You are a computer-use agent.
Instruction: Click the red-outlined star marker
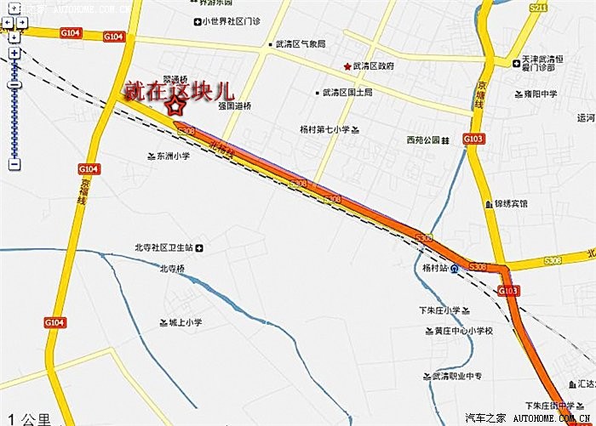coord(175,107)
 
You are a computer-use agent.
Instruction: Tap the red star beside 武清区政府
coord(347,66)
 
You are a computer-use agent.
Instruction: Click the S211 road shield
coord(538,8)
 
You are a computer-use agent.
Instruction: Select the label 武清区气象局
coord(301,43)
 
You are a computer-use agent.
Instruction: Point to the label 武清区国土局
coord(347,92)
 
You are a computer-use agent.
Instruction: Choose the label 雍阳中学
coord(541,94)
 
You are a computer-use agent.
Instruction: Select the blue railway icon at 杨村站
coord(456,269)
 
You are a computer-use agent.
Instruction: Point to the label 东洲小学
coord(173,156)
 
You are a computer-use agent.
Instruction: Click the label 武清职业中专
coord(457,376)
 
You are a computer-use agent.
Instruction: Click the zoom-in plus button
coord(14,54)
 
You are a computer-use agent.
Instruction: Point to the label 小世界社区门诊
coord(234,21)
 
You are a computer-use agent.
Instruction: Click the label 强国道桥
coord(235,105)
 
